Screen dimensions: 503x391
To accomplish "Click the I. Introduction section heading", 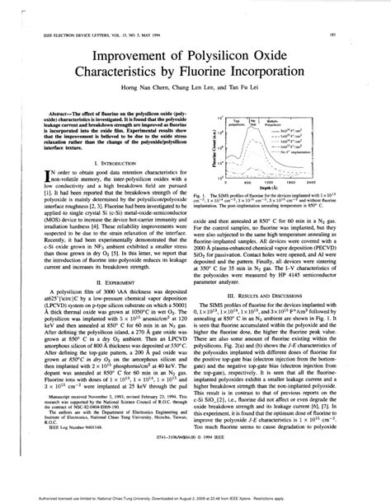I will tap(109, 165).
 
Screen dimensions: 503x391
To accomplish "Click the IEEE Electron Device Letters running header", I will tap(91, 35).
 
